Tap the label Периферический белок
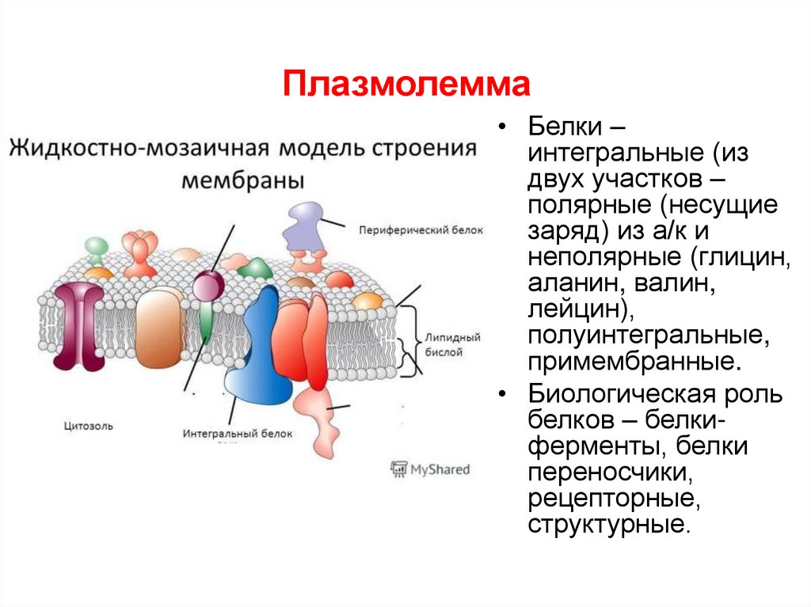(x=420, y=230)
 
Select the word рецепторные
(x=614, y=499)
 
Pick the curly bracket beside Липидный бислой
(x=412, y=344)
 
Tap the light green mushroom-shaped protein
(x=97, y=248)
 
